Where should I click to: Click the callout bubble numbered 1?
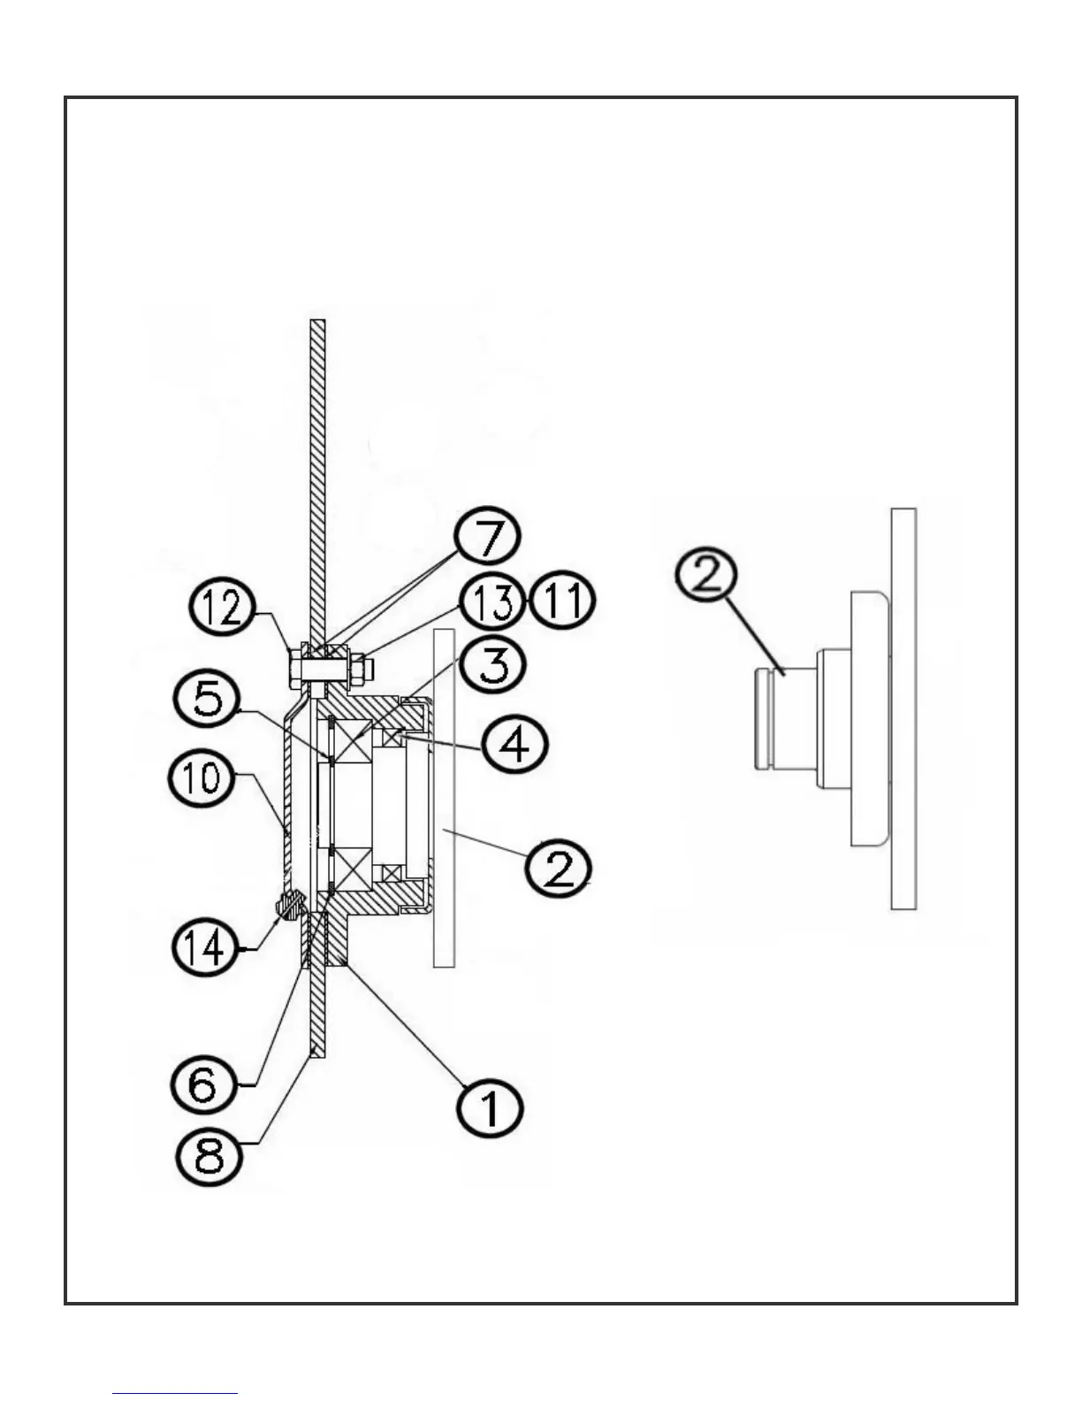pos(491,1106)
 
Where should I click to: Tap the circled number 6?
pos(202,1084)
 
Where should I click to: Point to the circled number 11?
pos(562,601)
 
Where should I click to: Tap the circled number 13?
pos(491,602)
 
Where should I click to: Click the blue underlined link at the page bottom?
pos(175,1393)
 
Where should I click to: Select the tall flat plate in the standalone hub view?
pos(903,708)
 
